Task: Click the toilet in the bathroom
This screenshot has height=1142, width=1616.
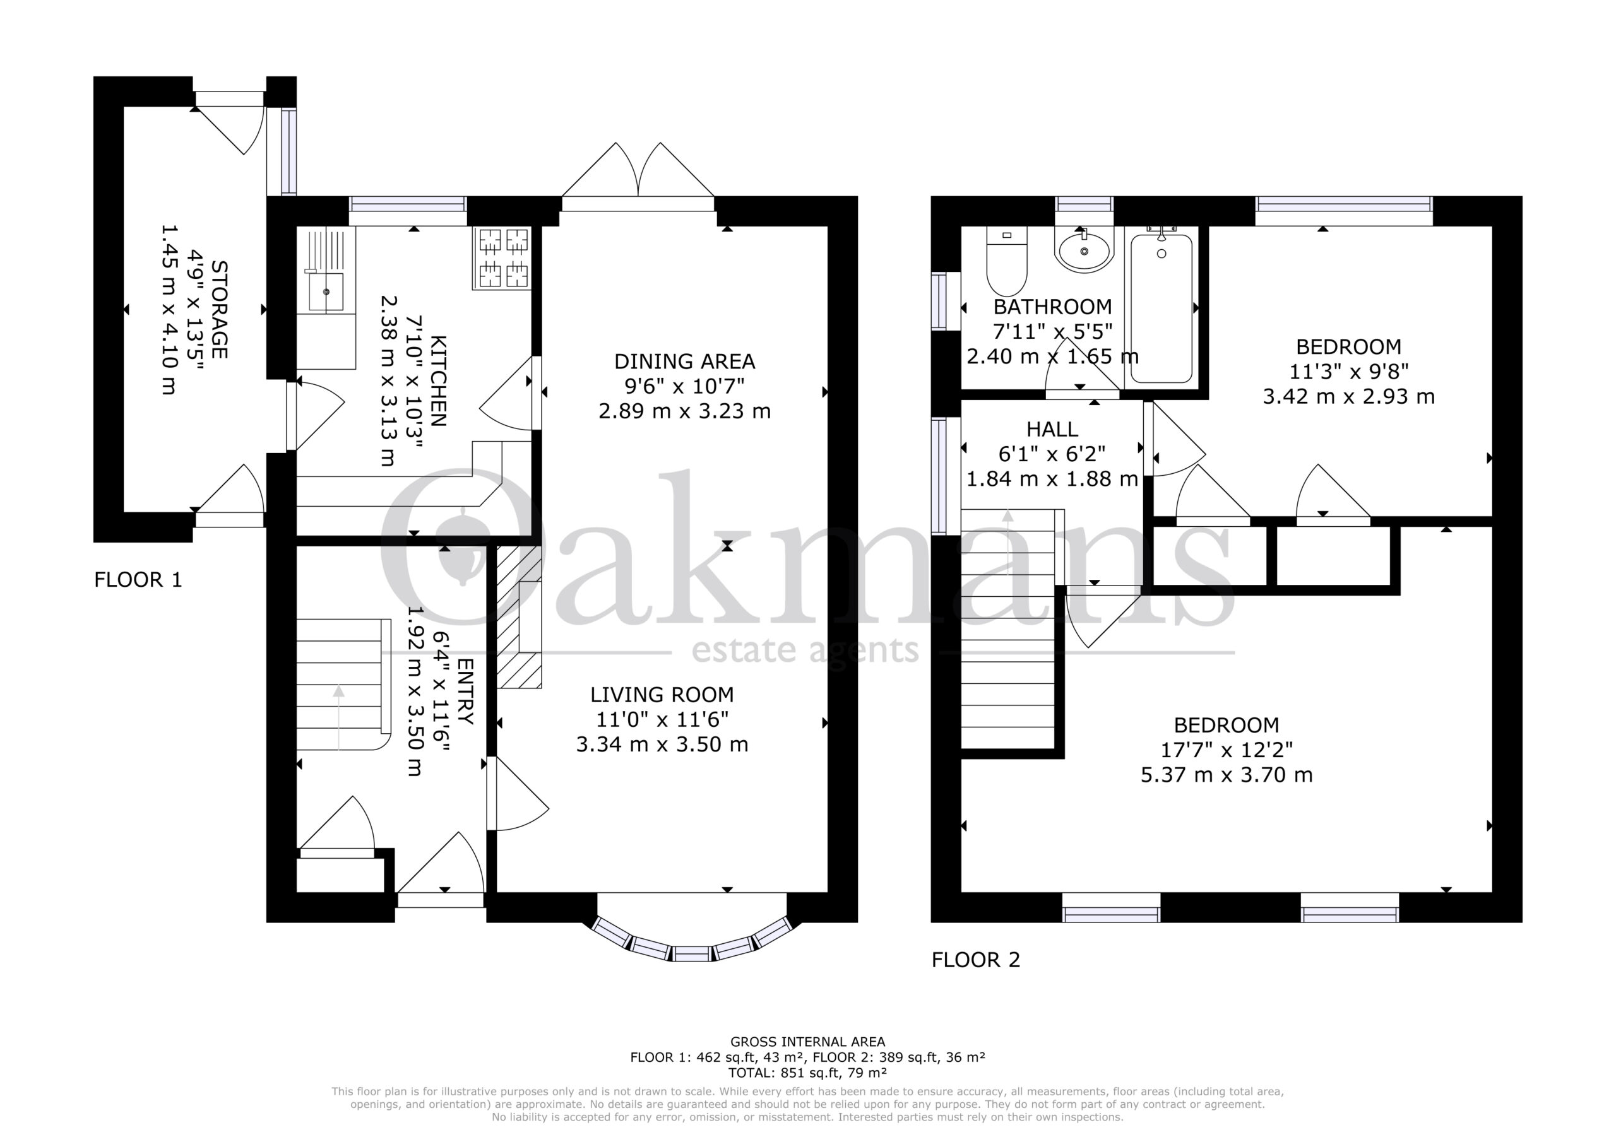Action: point(1007,261)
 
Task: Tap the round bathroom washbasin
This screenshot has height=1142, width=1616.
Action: point(1084,249)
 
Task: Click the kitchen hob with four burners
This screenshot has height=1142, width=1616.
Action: point(502,257)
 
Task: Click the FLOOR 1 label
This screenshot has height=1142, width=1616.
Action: point(138,580)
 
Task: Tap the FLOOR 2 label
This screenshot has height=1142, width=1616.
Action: point(975,960)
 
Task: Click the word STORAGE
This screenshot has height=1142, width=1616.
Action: point(220,310)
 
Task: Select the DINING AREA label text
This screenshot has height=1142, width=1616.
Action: point(684,362)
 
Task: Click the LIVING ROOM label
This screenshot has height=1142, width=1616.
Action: point(662,695)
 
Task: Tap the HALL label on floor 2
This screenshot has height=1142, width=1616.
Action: point(1052,429)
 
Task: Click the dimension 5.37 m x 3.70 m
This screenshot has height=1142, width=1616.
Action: point(1226,775)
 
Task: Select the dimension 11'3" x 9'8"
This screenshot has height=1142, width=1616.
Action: point(1348,372)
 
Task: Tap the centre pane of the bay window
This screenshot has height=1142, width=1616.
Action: point(692,954)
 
